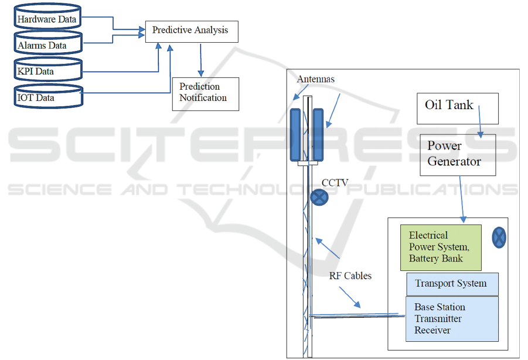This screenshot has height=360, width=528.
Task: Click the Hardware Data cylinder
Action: pyautogui.click(x=47, y=19)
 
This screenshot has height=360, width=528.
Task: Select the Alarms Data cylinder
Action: pyautogui.click(x=47, y=45)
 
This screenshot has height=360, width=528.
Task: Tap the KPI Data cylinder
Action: pyautogui.click(x=47, y=72)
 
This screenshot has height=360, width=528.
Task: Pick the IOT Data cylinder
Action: pyautogui.click(x=47, y=97)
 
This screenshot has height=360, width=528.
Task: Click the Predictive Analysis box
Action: pyautogui.click(x=191, y=30)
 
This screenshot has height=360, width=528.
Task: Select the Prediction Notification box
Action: pyautogui.click(x=205, y=93)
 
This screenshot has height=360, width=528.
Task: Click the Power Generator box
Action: pyautogui.click(x=458, y=154)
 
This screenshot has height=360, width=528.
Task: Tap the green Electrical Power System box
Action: pyautogui.click(x=441, y=247)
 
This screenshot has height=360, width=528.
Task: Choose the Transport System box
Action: pyautogui.click(x=452, y=284)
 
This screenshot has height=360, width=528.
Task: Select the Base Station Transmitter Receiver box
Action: pyautogui.click(x=452, y=318)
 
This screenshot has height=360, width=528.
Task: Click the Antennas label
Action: pyautogui.click(x=316, y=79)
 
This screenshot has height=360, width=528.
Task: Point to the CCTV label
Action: pyautogui.click(x=335, y=183)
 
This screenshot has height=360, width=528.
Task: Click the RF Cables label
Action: pyautogui.click(x=349, y=276)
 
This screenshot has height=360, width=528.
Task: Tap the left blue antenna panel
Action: pyautogui.click(x=295, y=134)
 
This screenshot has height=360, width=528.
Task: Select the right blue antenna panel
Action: pyautogui.click(x=319, y=134)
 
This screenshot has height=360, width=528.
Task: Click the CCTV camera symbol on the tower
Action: pyautogui.click(x=319, y=197)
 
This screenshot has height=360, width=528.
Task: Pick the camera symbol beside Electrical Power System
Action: pyautogui.click(x=499, y=237)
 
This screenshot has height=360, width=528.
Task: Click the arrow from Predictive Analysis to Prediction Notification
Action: pyautogui.click(x=201, y=59)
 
